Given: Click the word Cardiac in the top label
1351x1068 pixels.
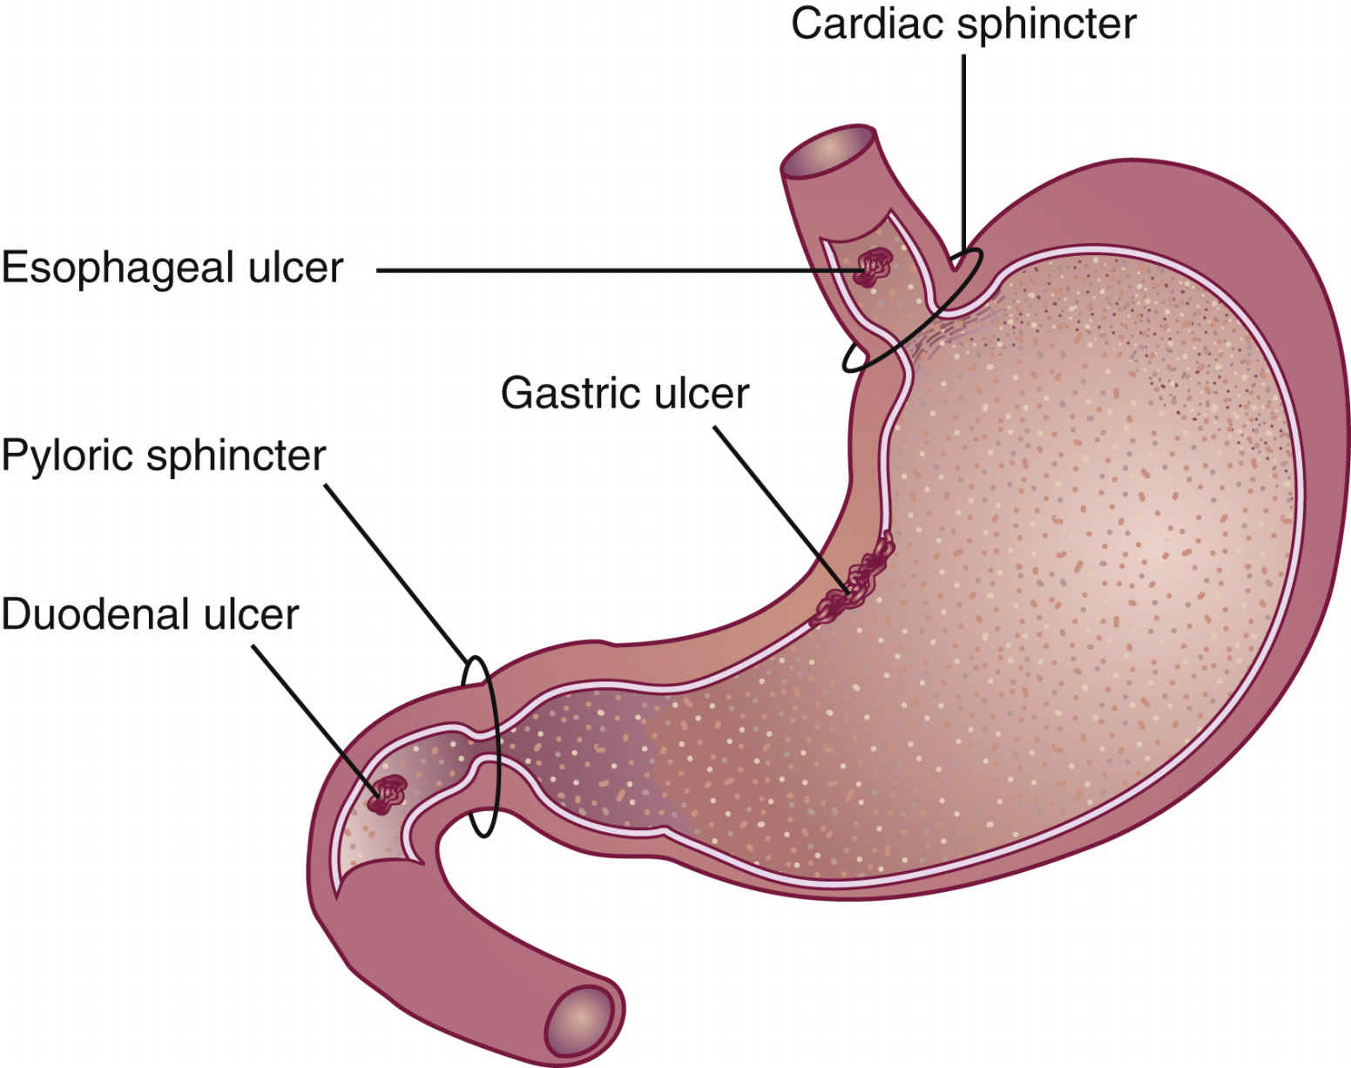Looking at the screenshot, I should [868, 24].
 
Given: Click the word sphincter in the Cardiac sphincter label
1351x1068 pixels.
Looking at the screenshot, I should [1047, 24].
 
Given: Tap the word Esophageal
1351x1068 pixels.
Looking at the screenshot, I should [118, 267].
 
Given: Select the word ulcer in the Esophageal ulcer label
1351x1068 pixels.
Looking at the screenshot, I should [296, 267].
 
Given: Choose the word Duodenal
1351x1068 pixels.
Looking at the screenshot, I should [96, 614].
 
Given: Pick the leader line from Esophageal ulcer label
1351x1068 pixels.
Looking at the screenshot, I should [610, 270].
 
